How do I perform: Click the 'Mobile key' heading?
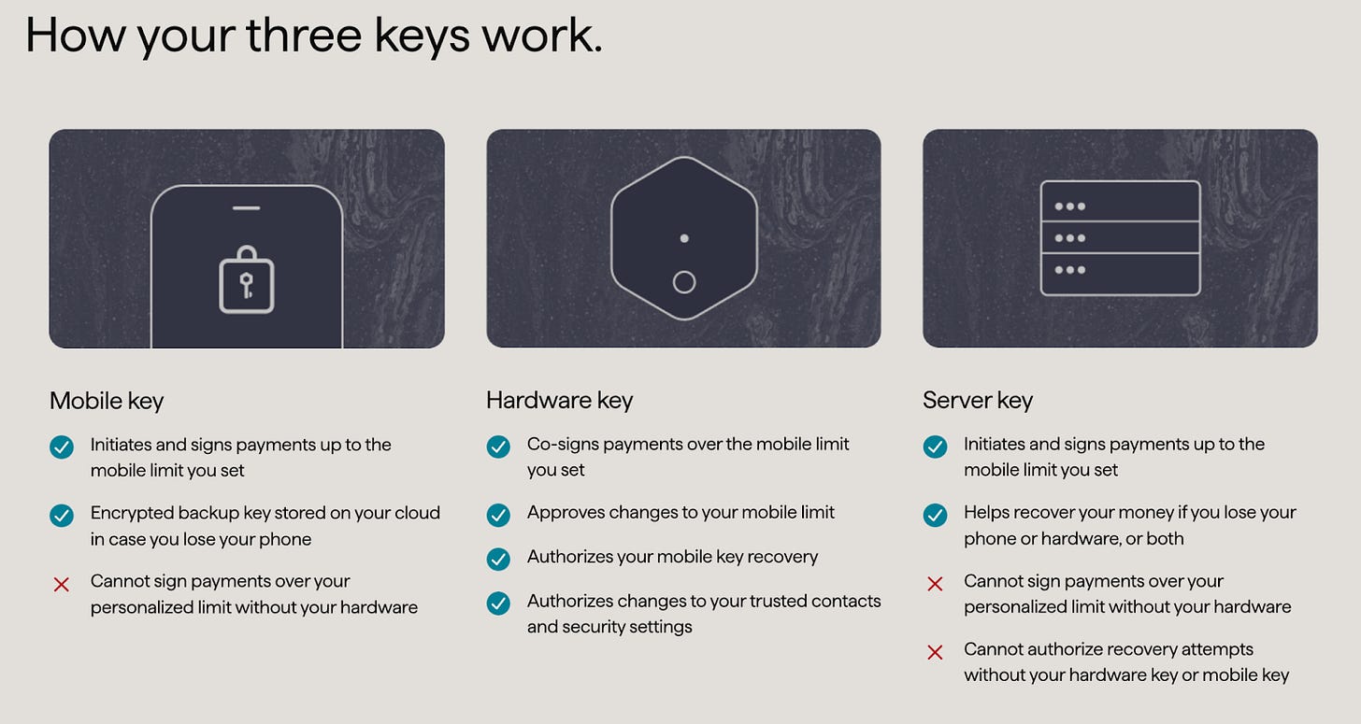(x=107, y=402)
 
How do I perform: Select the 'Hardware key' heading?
(x=559, y=401)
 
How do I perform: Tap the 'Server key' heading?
(x=977, y=401)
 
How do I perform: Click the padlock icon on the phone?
(x=246, y=280)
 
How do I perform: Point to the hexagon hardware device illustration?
(x=683, y=238)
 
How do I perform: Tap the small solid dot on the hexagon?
(x=684, y=239)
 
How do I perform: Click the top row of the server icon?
(x=1121, y=202)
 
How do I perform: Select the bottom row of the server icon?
(x=1121, y=275)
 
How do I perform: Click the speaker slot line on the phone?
(x=246, y=208)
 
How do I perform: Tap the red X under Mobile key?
(x=62, y=584)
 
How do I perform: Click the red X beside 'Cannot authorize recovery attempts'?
(x=935, y=652)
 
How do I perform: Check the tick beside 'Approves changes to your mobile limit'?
(x=498, y=515)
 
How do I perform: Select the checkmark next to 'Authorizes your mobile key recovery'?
(x=498, y=559)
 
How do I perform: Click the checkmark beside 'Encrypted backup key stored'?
(x=62, y=515)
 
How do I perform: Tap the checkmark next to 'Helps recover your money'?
(x=935, y=515)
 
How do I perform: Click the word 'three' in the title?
(x=303, y=35)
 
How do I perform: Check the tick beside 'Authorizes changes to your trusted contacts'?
(x=498, y=603)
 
